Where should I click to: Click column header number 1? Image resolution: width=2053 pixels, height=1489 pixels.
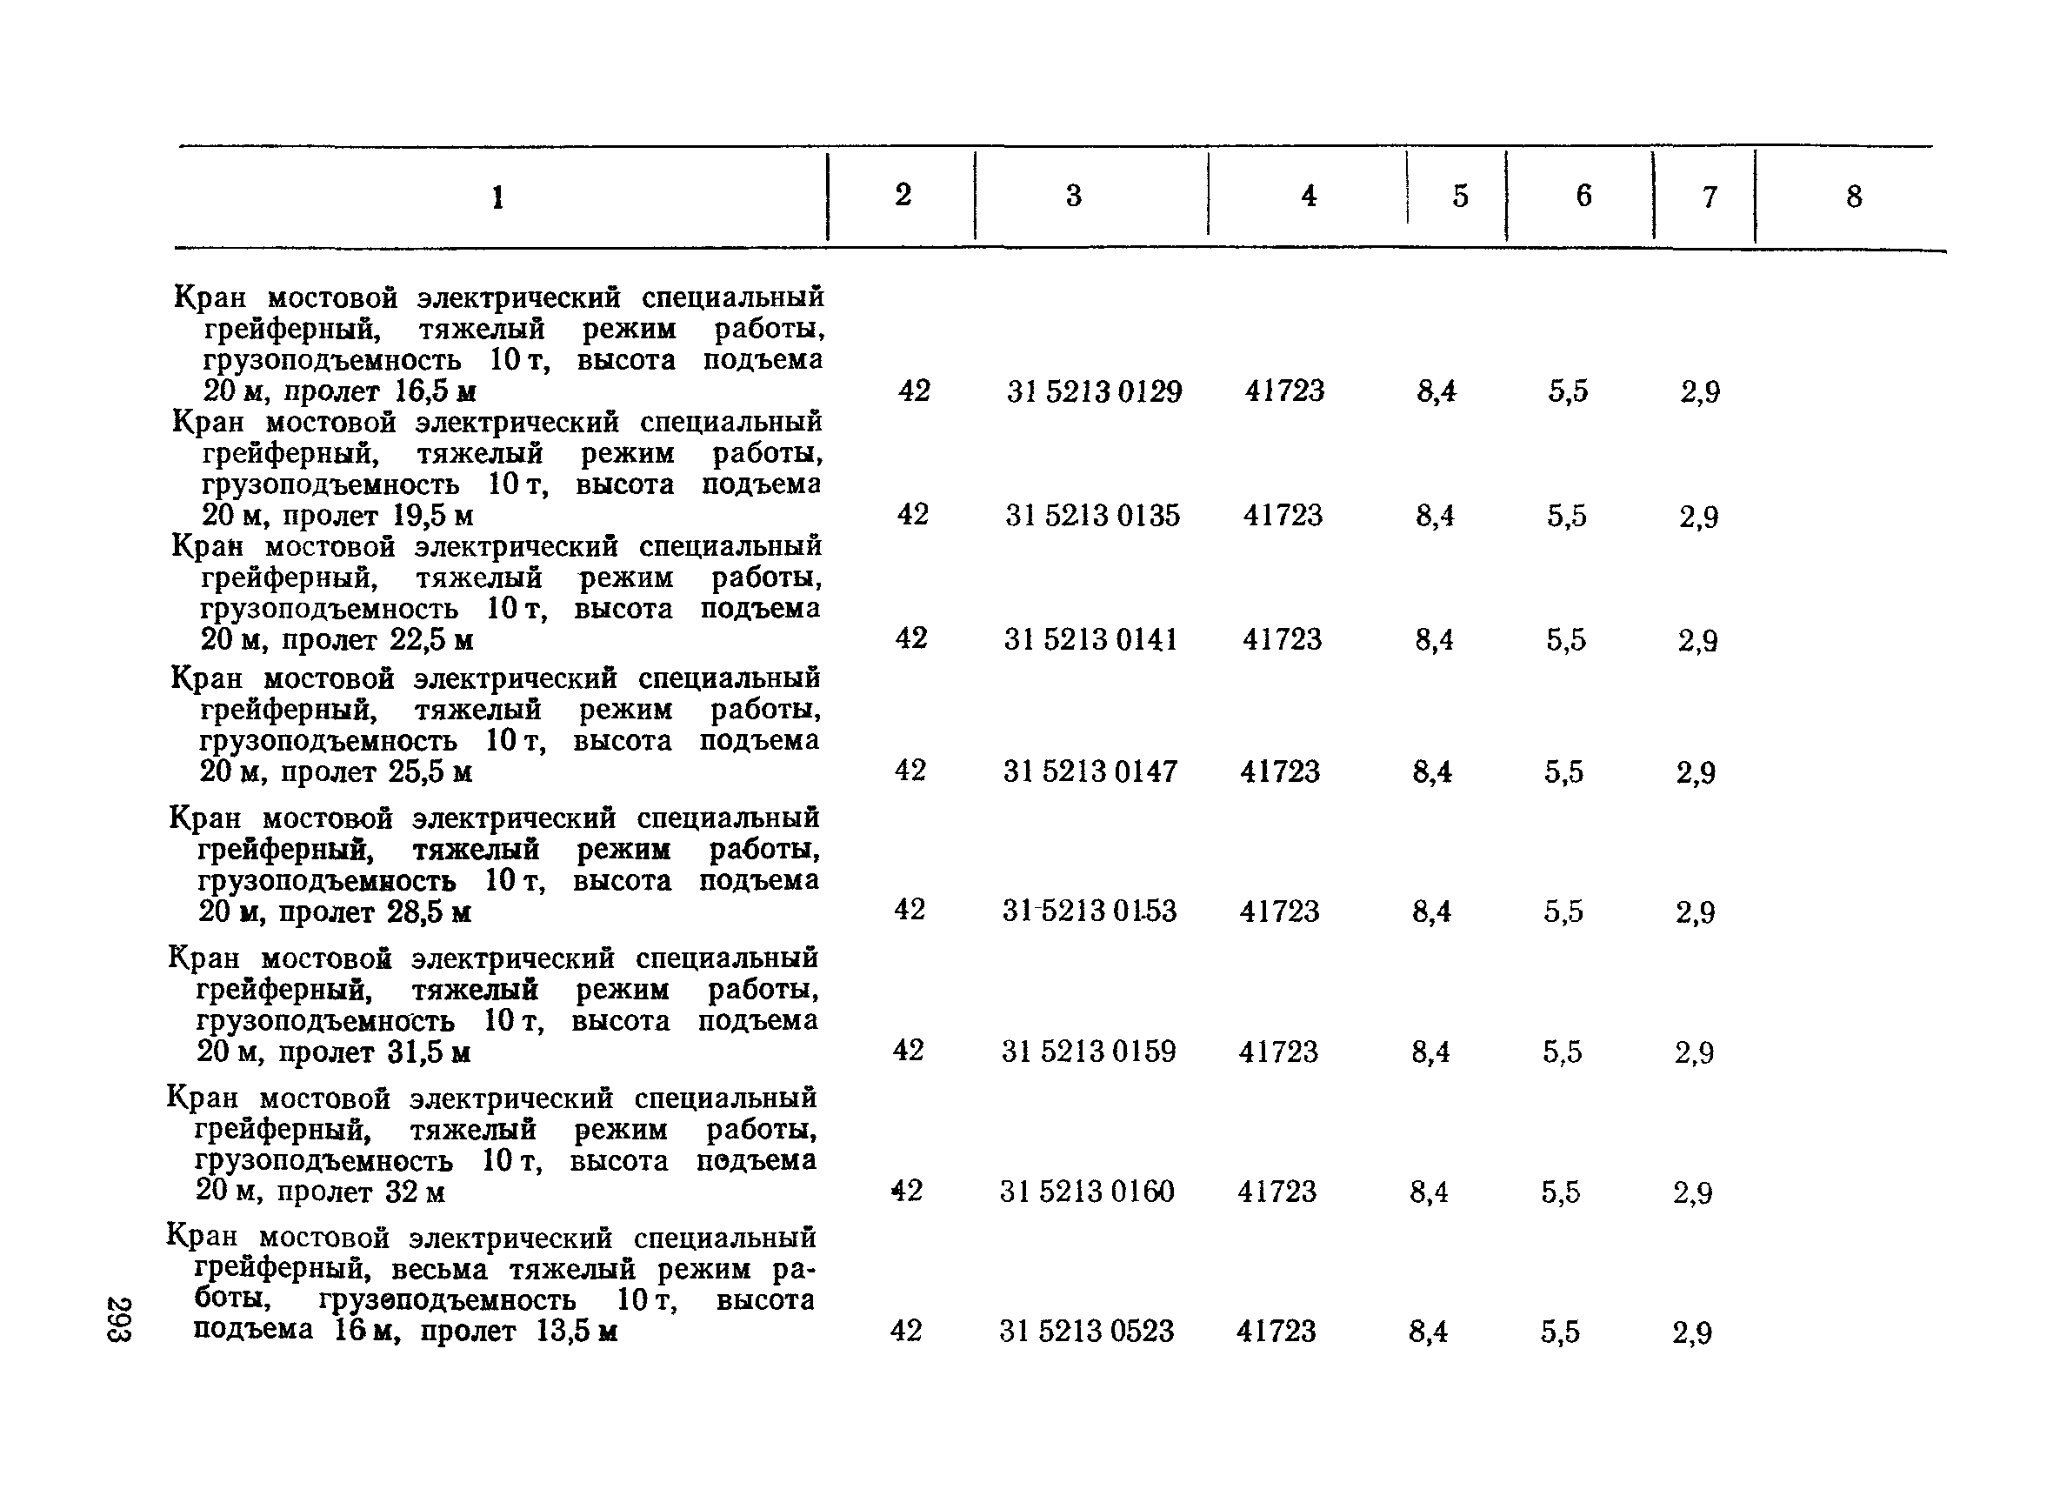click(497, 197)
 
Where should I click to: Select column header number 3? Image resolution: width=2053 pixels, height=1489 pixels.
click(1074, 196)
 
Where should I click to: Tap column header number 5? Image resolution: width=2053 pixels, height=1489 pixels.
click(1460, 197)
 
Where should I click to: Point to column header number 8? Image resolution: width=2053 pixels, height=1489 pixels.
click(1854, 197)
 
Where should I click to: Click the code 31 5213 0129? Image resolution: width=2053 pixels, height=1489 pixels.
click(1094, 391)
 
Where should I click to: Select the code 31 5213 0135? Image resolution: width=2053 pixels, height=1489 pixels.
click(1092, 515)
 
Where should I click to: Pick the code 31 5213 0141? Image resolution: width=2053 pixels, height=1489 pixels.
click(1090, 640)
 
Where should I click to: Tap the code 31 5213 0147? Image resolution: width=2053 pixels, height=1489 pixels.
click(1090, 771)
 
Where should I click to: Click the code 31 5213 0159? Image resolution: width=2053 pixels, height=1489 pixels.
click(1088, 1051)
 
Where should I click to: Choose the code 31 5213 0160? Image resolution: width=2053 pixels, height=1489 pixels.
click(1086, 1192)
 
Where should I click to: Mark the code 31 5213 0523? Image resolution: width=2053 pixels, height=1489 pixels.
click(1086, 1331)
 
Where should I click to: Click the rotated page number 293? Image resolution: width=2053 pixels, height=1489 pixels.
click(119, 1319)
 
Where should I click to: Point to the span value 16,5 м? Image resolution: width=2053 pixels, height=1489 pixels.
click(435, 391)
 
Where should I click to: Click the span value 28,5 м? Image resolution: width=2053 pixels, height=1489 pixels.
click(429, 911)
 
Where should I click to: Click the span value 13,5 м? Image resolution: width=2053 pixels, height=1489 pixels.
click(577, 1332)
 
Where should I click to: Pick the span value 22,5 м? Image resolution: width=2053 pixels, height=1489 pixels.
click(432, 640)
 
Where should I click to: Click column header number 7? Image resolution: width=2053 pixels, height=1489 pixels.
click(1709, 197)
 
